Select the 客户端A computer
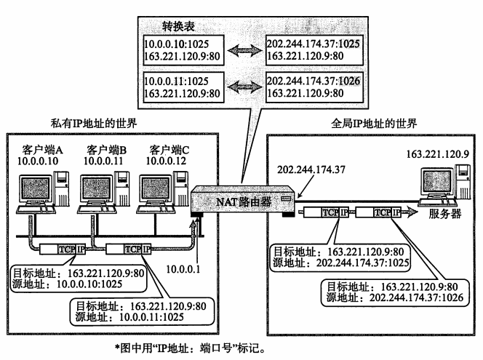36,188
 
